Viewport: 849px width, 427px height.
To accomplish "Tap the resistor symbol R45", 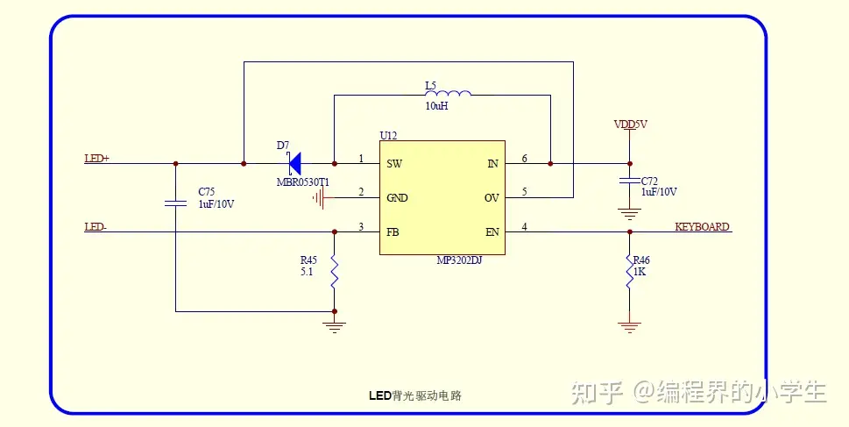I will click(x=334, y=272).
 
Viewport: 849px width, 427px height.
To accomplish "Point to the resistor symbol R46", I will click(x=629, y=273).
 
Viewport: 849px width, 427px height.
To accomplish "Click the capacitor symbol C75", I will click(x=175, y=203).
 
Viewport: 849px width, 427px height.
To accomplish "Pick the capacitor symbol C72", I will click(x=628, y=180).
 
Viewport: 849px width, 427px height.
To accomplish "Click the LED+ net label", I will click(x=96, y=159).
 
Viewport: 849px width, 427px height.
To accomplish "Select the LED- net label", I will click(x=96, y=227).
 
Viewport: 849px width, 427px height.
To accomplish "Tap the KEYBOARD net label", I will click(x=702, y=227).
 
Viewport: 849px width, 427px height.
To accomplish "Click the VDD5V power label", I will click(x=630, y=125).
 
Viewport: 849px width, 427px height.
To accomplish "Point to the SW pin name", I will click(x=394, y=164).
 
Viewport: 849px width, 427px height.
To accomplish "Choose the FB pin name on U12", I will click(x=393, y=232).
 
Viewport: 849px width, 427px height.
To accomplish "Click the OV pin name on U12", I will click(x=492, y=198).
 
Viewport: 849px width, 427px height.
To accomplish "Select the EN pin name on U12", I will click(x=492, y=232).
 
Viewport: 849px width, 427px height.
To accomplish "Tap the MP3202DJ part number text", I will click(x=459, y=260).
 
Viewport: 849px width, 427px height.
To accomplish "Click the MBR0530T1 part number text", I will click(x=303, y=181).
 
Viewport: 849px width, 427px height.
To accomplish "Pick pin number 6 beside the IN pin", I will click(x=524, y=159).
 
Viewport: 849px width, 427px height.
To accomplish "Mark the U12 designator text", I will click(x=388, y=135).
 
